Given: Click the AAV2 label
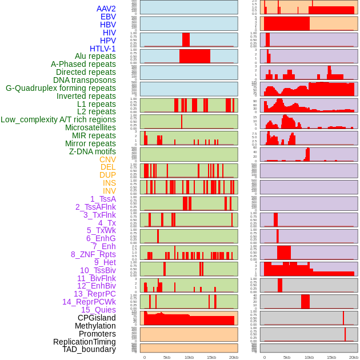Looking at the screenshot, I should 106,9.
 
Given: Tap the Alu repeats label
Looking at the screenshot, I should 95,56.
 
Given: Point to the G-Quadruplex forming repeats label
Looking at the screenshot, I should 61,88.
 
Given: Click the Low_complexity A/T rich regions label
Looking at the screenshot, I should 58,119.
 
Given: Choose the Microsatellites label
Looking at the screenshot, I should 90,127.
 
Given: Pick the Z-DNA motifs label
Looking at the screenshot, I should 92,151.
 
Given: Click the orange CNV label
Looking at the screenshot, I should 107,159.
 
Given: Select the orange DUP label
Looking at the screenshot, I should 107,175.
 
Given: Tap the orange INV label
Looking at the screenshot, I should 109,191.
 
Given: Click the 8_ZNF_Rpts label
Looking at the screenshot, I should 93,254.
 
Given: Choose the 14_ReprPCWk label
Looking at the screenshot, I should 89,302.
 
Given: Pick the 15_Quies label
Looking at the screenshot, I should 98,310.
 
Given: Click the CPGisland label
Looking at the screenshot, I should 97,318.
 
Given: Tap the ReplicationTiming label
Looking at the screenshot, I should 84,342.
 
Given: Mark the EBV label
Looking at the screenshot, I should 108,17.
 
